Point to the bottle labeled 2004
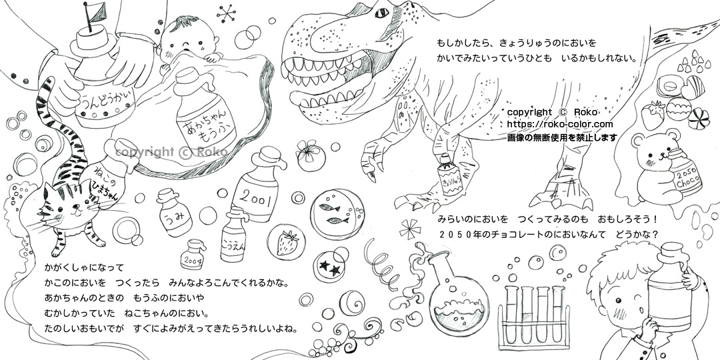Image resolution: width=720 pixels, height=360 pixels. tap(193, 255)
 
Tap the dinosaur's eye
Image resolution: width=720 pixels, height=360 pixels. tap(382, 13)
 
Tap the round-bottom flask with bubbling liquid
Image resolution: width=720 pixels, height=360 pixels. tap(457, 294)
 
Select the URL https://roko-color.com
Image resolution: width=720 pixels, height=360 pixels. tap(560, 125)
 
